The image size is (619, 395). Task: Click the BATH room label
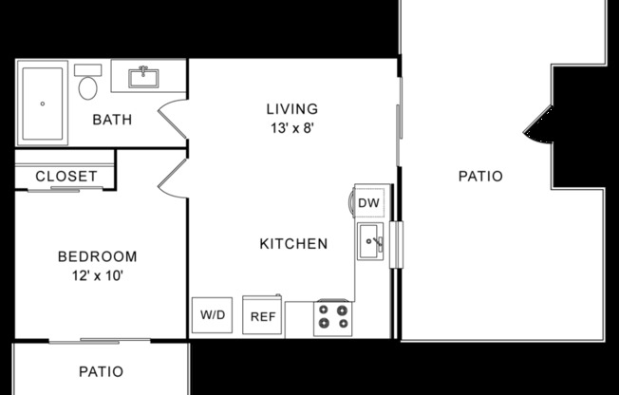coord(112,120)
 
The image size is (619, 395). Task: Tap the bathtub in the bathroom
coord(42,103)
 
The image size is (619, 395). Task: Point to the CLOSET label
coord(66,177)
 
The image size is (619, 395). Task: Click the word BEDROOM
coord(97,256)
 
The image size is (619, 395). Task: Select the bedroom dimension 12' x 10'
coord(97,275)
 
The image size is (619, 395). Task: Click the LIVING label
coord(291,109)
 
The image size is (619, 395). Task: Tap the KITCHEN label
coord(293,244)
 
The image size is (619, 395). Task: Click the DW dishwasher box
coord(369,202)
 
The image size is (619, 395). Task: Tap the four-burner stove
coord(332,316)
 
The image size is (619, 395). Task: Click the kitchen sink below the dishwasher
coord(371,243)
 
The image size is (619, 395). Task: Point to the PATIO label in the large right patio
coord(479,176)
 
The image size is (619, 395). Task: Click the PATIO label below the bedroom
coord(100,371)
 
